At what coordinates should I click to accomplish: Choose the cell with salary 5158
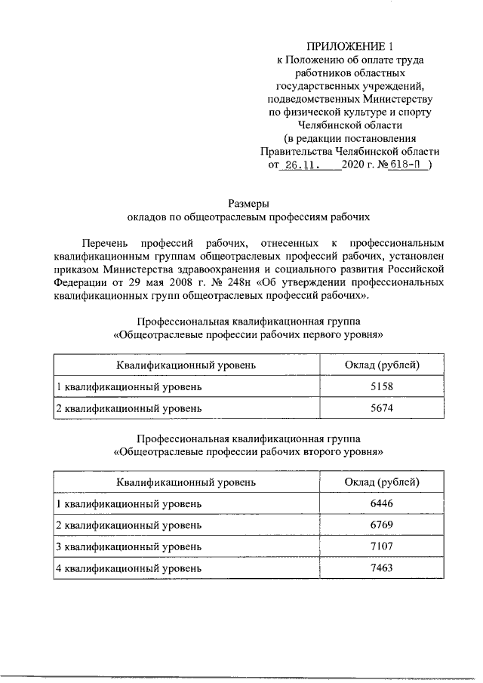pos(382,387)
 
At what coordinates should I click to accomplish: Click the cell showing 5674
pos(382,408)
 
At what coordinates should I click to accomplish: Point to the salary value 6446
pos(382,503)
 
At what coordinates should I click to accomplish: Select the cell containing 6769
pos(382,525)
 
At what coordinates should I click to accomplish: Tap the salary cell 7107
pos(382,546)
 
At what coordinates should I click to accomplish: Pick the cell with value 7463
pos(382,567)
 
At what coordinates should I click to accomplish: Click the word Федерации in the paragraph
pos(82,283)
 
